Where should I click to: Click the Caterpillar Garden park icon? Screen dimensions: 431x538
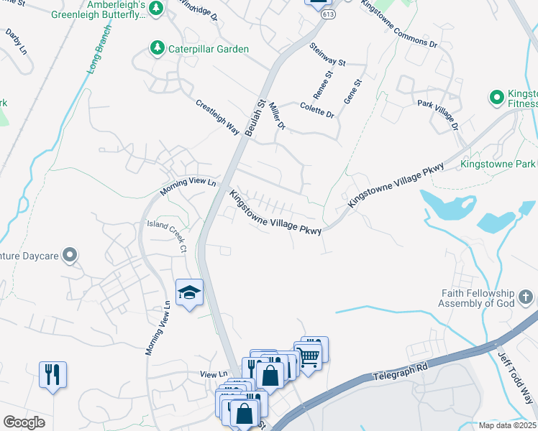[x=156, y=49]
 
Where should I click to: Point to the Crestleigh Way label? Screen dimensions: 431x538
[x=217, y=116]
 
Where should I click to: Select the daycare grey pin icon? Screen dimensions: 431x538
[x=70, y=254]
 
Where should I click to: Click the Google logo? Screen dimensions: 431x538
[x=24, y=422]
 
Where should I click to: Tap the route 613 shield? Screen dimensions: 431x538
[x=329, y=14]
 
